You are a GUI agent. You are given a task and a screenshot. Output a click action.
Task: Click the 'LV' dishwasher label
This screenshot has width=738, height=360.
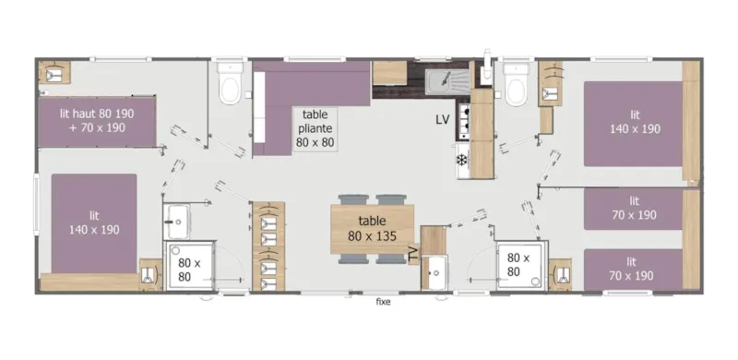click(443, 120)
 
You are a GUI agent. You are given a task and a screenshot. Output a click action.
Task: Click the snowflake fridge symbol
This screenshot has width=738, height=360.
click(460, 160)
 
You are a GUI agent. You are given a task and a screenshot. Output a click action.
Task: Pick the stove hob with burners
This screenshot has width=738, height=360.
click(462, 117)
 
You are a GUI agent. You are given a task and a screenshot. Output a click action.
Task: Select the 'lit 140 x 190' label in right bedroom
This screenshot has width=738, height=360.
click(635, 122)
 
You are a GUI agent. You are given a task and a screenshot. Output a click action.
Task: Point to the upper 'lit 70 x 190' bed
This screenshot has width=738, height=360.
click(635, 208)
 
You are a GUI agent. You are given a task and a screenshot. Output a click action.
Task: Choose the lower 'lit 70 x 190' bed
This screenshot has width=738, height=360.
click(635, 269)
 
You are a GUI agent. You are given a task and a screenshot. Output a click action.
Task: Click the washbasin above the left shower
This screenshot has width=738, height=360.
click(176, 220)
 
